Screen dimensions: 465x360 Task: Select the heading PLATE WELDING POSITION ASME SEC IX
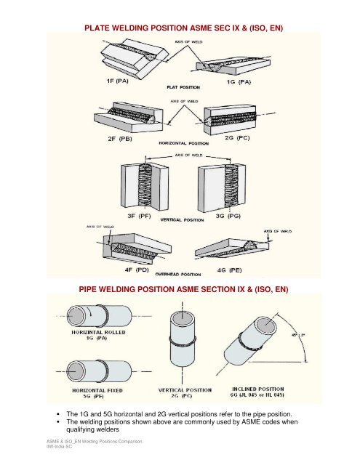coord(179,28)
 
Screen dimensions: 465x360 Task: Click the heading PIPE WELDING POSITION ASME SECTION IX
coord(179,290)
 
